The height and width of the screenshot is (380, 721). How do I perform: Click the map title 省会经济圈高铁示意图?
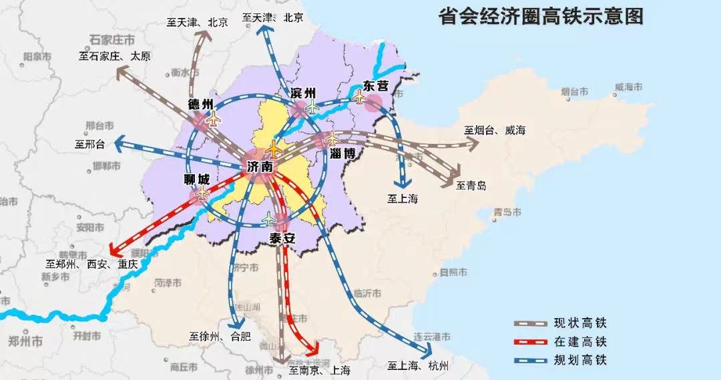tap(541, 17)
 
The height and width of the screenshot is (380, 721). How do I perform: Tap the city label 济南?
tap(260, 167)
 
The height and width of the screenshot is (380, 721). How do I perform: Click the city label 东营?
tap(375, 86)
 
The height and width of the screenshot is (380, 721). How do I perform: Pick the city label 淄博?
tap(344, 153)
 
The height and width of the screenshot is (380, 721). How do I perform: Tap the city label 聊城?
tap(197, 179)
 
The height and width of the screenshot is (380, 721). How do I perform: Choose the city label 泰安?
tap(282, 238)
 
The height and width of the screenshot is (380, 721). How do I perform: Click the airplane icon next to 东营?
tap(360, 99)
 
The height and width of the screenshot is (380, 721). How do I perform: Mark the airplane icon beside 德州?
tap(214, 119)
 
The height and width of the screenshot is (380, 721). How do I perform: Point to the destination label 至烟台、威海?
tap(495, 131)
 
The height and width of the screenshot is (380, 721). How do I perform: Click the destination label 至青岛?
tap(472, 186)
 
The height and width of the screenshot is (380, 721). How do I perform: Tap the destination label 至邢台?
tap(90, 143)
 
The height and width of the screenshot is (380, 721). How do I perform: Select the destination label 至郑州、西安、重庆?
tap(91, 264)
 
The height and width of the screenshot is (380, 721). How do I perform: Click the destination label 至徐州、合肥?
tap(220, 336)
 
